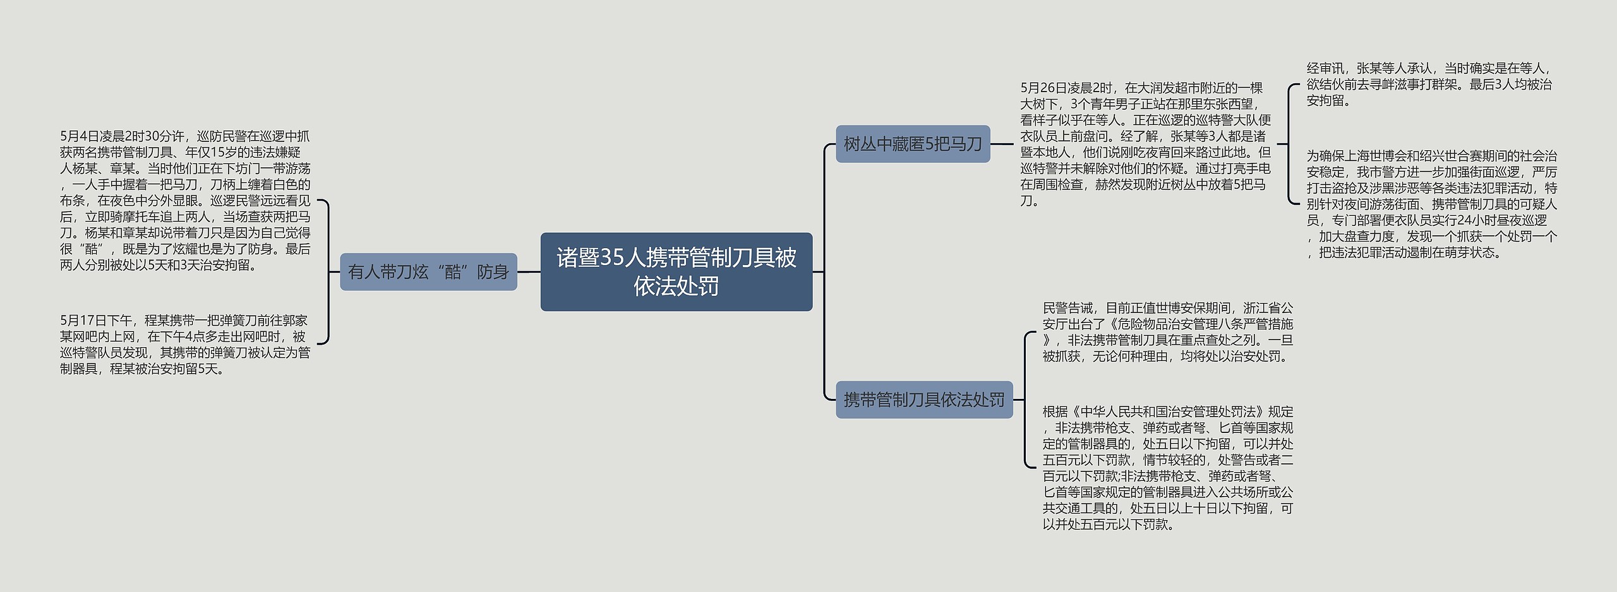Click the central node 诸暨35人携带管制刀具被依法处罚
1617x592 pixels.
point(676,272)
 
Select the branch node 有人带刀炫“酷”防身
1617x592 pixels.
point(428,272)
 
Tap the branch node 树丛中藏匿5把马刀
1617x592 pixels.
point(913,144)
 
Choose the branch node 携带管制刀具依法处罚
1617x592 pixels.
point(924,400)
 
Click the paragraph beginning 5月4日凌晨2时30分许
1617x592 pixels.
point(185,201)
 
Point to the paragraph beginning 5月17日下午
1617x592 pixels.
point(185,345)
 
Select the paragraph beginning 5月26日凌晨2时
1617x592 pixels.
point(1145,144)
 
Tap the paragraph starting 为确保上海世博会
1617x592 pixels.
point(1431,204)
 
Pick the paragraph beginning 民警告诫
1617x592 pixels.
point(1167,332)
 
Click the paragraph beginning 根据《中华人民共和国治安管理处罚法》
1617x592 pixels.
point(1167,468)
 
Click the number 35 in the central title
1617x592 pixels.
point(612,258)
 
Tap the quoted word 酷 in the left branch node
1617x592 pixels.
point(452,272)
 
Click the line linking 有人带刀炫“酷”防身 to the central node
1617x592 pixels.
point(529,272)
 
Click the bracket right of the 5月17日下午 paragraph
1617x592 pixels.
point(325,272)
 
